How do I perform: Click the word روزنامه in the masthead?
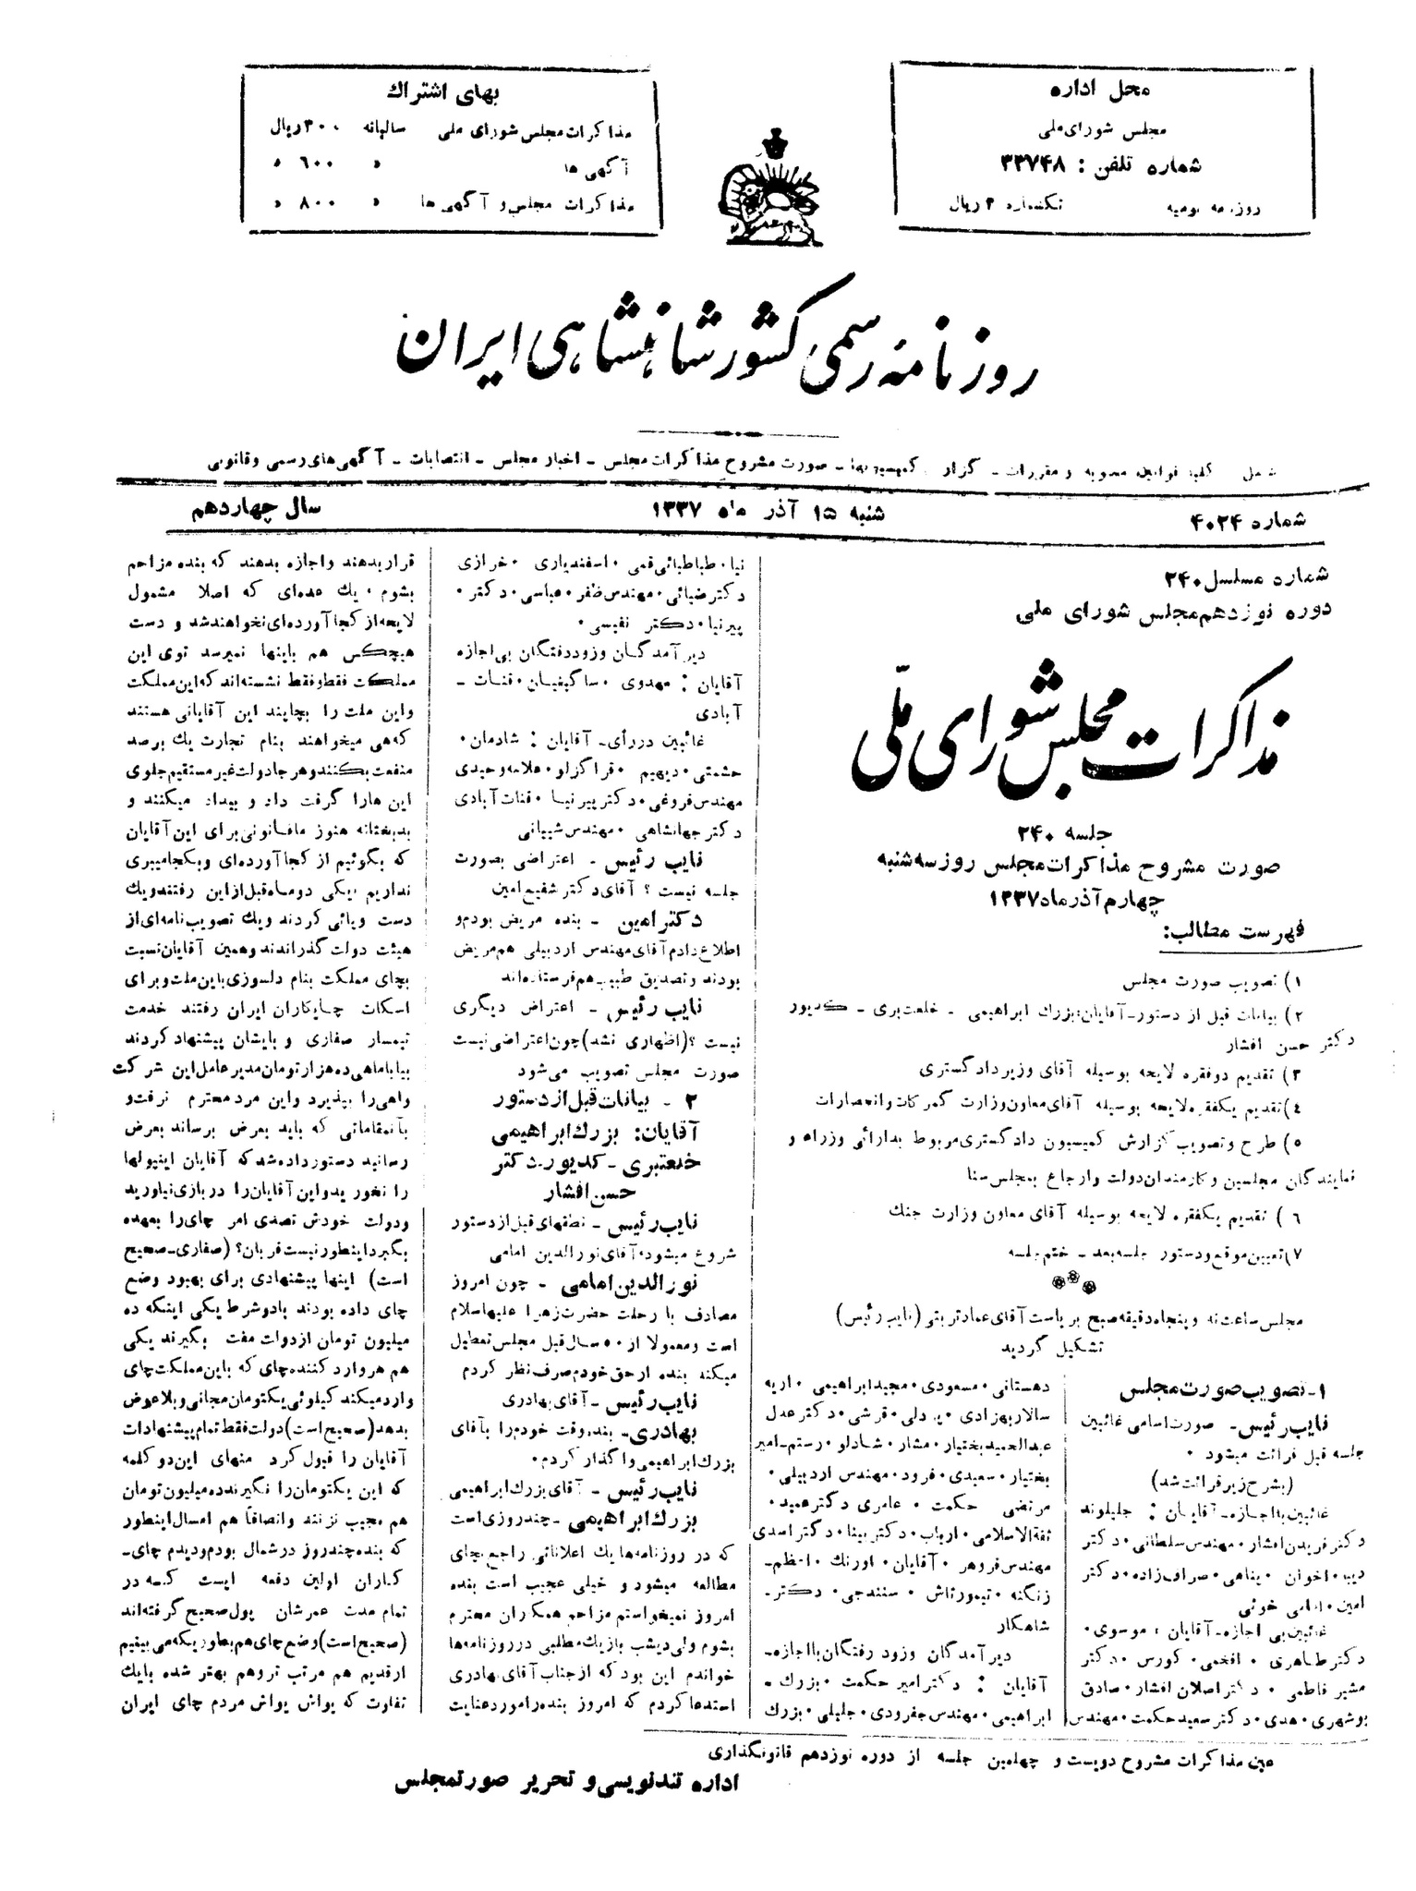pos(965,356)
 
